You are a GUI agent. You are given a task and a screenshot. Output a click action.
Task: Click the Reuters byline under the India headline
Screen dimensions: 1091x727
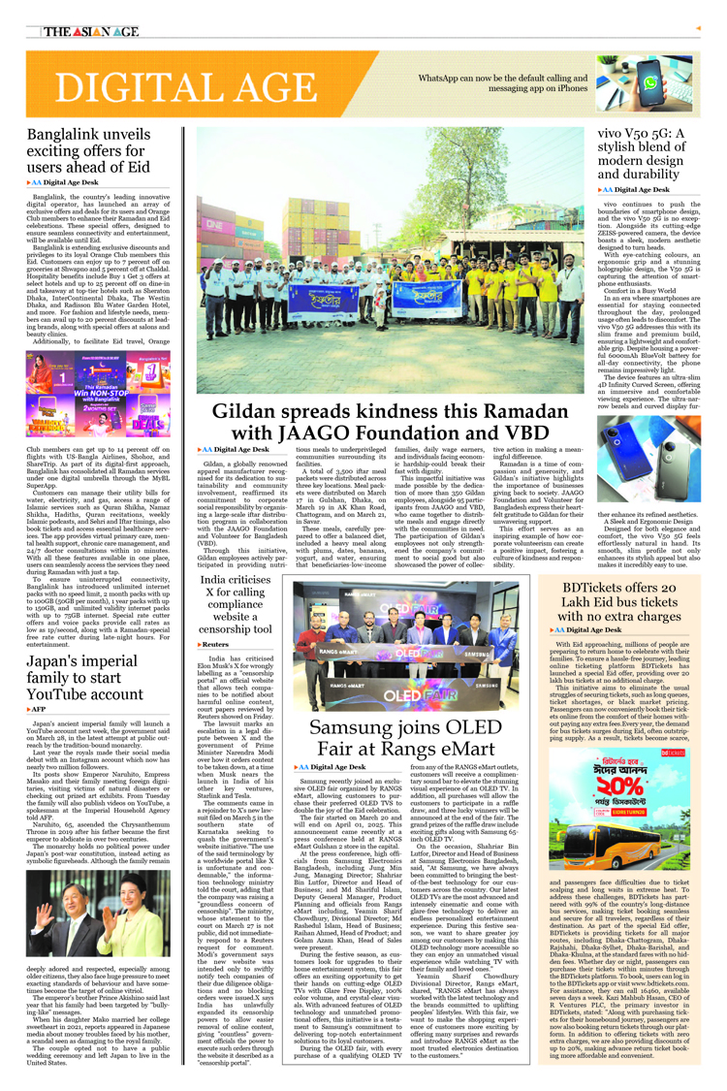point(215,643)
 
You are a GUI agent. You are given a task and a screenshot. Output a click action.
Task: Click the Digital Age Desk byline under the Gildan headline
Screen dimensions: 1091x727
point(234,450)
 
